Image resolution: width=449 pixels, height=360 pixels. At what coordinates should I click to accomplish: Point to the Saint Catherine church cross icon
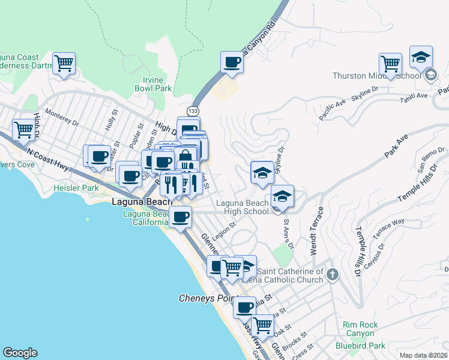click(333, 274)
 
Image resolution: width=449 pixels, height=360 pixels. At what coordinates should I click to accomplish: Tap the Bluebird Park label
click(360, 346)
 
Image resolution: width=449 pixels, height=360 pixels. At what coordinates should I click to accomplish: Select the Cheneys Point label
click(208, 298)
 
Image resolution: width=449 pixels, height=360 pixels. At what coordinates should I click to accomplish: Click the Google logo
click(20, 353)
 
